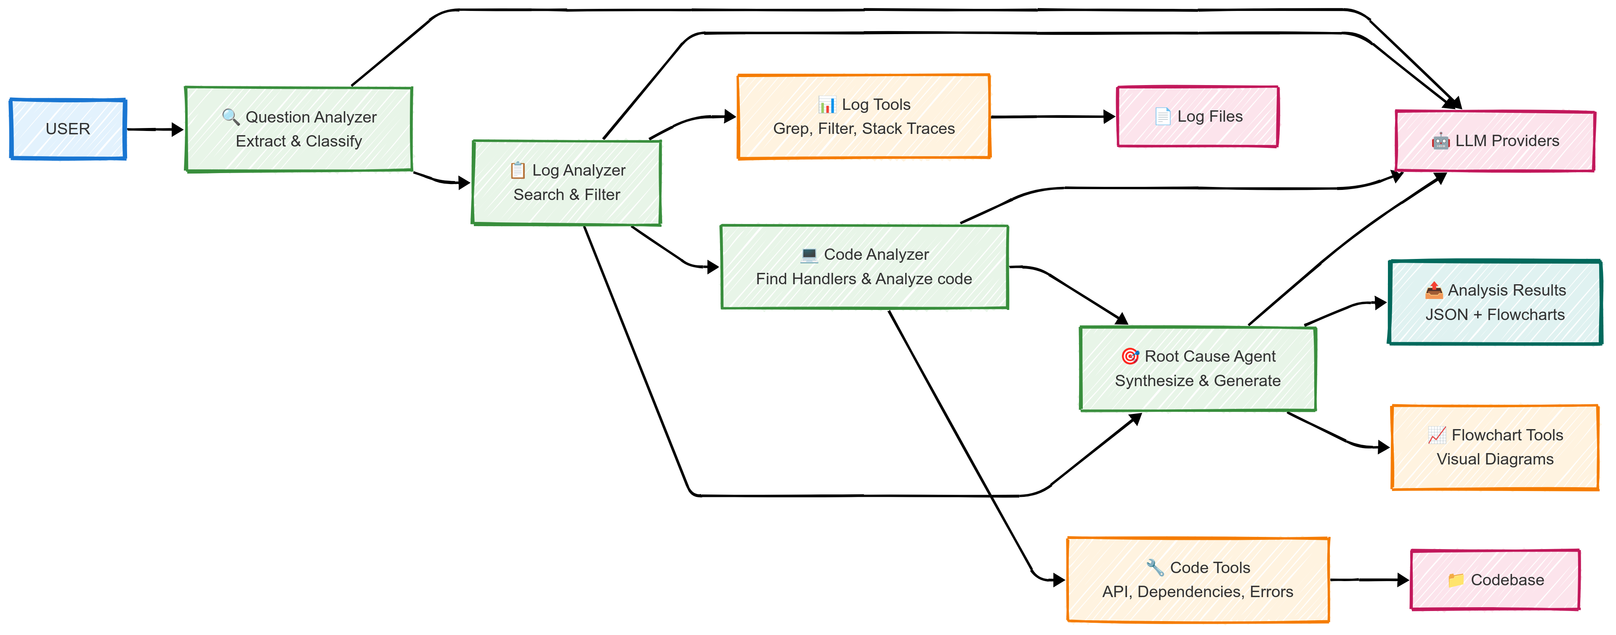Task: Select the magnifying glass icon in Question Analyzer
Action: tap(231, 117)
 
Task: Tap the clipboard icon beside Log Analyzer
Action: tap(518, 170)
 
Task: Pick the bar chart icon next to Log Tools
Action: tap(827, 104)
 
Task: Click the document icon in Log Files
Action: tap(1162, 116)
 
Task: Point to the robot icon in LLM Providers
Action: tap(1441, 141)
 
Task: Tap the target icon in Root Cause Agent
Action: tap(1130, 356)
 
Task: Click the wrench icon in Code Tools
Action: tap(1155, 567)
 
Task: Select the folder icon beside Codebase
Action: tap(1455, 580)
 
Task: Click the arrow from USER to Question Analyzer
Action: tap(155, 130)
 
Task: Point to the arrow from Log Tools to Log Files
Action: tap(1053, 117)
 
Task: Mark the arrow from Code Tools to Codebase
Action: tap(1369, 580)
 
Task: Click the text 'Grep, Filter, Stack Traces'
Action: tap(864, 128)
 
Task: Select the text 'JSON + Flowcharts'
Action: tap(1495, 315)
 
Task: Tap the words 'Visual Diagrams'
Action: tap(1495, 459)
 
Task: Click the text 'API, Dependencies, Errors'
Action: tap(1198, 592)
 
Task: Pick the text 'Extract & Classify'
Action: tap(299, 141)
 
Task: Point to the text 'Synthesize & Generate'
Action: tap(1198, 381)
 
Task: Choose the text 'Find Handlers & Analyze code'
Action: tap(864, 279)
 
